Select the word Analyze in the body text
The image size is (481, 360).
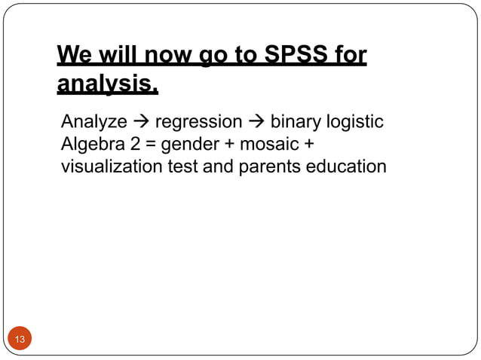[94, 121]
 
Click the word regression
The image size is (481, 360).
[199, 121]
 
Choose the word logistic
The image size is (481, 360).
[357, 121]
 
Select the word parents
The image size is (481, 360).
[265, 166]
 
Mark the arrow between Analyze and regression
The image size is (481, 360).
[141, 122]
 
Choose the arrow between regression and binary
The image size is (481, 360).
[256, 122]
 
